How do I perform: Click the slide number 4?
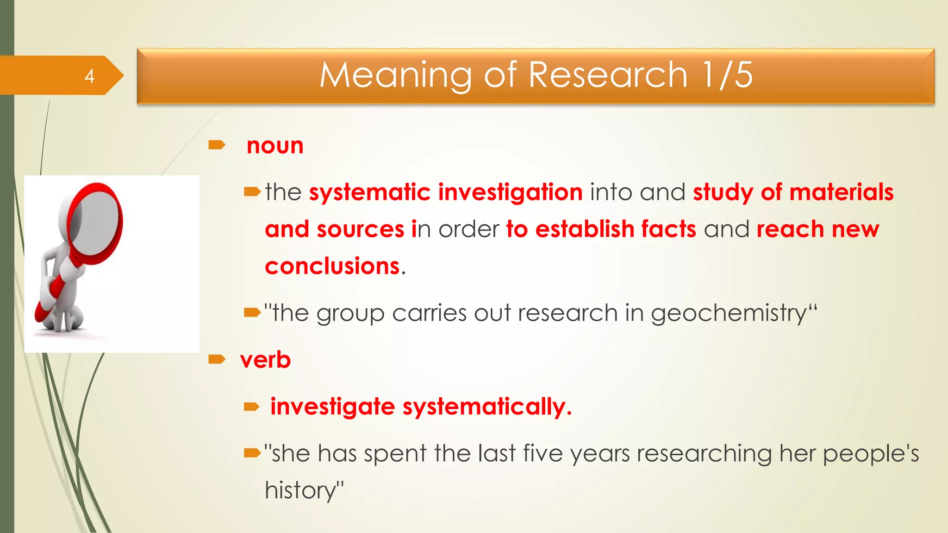tap(89, 76)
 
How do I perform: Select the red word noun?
tap(275, 146)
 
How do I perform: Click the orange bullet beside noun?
tap(217, 146)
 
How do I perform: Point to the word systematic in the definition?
tap(369, 192)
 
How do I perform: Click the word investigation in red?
tap(510, 192)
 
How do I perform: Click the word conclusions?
tap(332, 266)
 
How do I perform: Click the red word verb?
tap(265, 360)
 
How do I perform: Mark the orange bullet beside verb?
tap(217, 359)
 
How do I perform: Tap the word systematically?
tap(487, 407)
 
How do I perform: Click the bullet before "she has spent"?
tap(252, 453)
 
